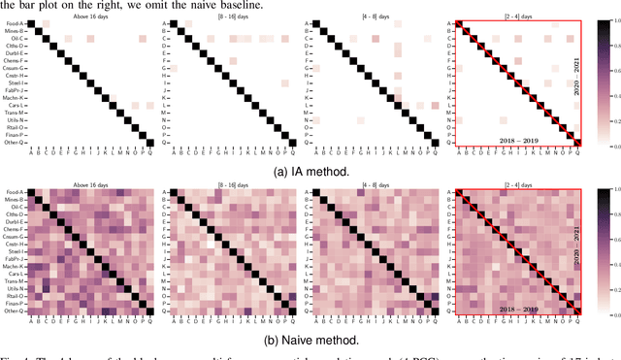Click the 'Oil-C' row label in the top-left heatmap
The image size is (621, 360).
pos(16,44)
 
